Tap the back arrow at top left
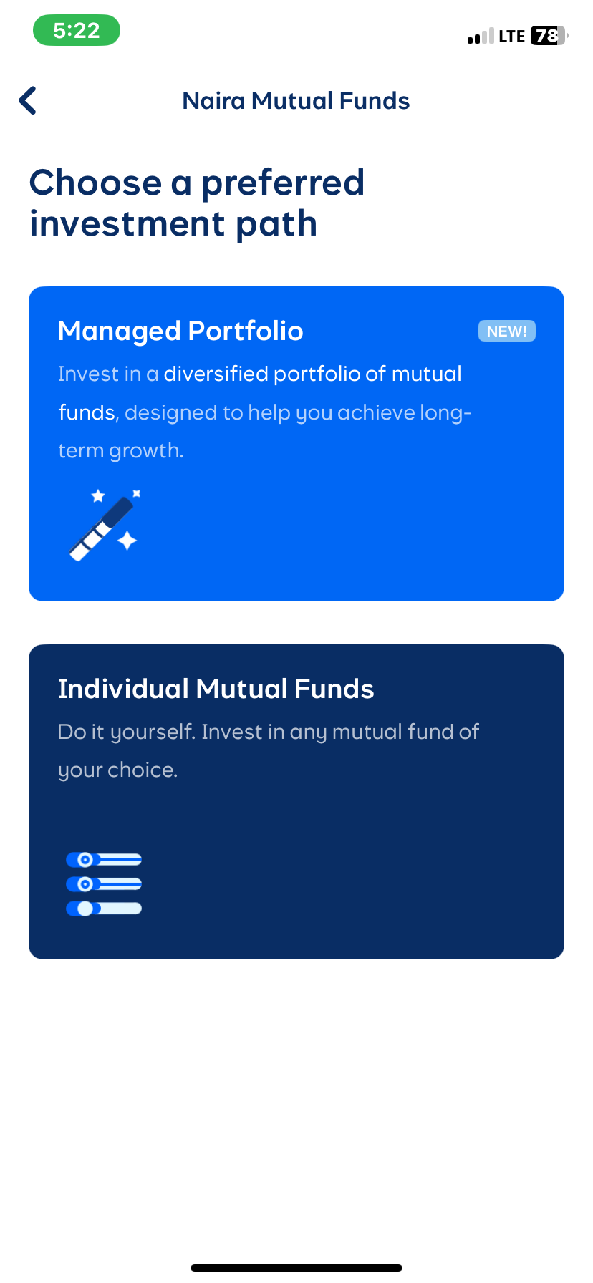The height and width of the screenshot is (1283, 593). [28, 101]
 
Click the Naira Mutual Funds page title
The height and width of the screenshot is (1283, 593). [296, 101]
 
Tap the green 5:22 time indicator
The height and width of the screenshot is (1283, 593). [77, 31]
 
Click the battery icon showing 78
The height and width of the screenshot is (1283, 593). [549, 36]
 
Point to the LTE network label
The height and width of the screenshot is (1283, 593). [512, 37]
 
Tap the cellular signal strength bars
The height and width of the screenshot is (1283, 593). [481, 37]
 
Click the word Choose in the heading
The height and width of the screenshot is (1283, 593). [95, 183]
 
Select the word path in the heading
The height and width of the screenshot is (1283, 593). [276, 224]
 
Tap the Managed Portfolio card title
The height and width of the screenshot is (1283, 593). [180, 331]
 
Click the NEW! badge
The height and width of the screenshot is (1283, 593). [506, 331]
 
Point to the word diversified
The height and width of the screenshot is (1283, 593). [216, 374]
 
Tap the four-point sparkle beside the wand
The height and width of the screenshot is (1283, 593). [127, 541]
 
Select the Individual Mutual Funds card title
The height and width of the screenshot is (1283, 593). [216, 689]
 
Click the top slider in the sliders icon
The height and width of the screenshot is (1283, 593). [104, 859]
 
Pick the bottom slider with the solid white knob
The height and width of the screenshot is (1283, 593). [104, 909]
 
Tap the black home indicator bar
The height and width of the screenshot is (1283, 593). [296, 1268]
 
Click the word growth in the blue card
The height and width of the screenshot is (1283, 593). [146, 450]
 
